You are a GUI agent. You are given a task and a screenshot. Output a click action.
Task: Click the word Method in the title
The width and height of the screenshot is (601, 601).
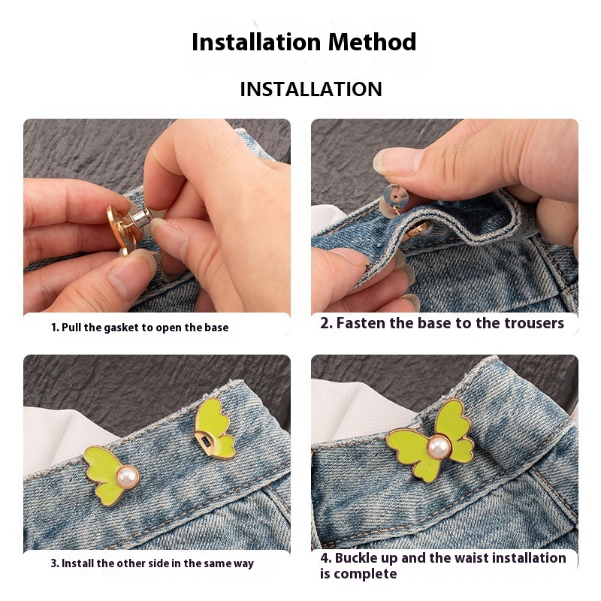tap(372, 41)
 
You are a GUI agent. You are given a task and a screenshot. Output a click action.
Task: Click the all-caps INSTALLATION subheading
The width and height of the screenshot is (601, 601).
tap(311, 89)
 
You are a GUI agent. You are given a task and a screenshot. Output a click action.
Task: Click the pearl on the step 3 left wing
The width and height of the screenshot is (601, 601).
tap(127, 477)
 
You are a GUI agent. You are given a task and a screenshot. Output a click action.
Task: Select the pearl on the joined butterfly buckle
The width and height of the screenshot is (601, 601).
tap(439, 447)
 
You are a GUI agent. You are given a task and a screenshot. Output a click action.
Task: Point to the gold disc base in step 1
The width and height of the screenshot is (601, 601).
tap(120, 229)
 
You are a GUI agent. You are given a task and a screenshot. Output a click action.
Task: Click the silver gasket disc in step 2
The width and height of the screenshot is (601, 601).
tap(396, 197)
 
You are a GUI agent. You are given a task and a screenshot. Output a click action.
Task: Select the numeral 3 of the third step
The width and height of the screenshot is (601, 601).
tap(53, 563)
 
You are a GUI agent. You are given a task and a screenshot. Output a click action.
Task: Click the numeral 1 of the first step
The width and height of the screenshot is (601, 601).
tap(53, 328)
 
